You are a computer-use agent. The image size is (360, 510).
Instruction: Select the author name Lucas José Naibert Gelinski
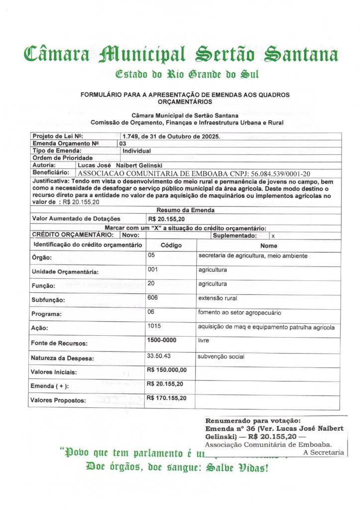click(119, 164)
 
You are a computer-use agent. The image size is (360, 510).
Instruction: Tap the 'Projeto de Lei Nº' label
click(57, 136)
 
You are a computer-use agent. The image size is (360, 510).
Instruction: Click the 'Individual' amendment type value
click(136, 150)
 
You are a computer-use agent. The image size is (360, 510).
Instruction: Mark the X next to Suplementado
click(273, 236)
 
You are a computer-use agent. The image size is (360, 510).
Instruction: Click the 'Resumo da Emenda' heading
click(179, 210)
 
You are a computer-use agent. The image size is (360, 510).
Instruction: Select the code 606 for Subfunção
click(154, 298)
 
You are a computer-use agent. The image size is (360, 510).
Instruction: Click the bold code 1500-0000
click(163, 340)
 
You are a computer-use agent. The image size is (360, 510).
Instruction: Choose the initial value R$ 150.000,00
click(167, 370)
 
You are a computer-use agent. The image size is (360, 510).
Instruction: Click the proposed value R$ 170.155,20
click(167, 398)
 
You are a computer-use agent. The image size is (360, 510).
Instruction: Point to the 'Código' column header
click(171, 246)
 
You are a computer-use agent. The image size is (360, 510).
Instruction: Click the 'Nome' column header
click(268, 246)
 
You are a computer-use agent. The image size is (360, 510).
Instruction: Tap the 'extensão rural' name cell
click(218, 298)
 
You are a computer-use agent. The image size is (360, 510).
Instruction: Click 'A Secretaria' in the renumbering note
click(324, 452)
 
